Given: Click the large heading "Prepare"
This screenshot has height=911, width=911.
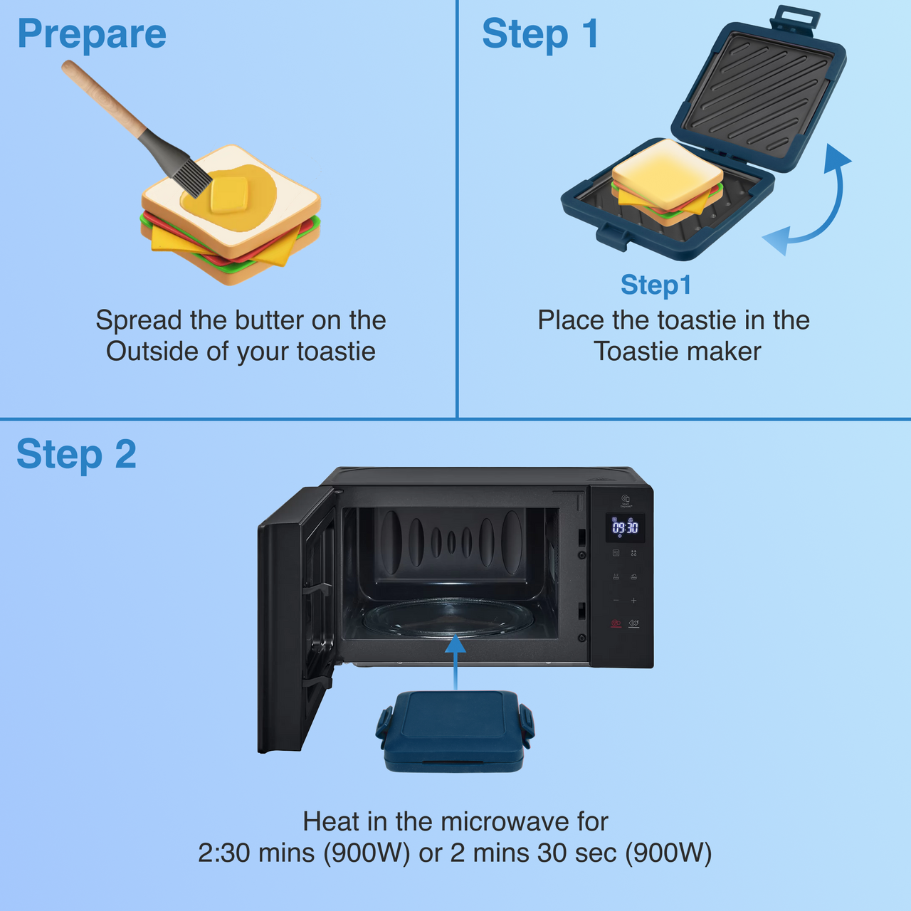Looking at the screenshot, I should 92,34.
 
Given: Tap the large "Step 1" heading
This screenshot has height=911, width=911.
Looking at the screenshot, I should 540,34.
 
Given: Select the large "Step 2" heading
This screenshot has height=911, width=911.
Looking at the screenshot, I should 76,454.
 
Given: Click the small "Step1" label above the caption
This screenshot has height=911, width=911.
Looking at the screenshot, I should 655,285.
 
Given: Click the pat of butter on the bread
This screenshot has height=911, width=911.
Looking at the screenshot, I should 229,194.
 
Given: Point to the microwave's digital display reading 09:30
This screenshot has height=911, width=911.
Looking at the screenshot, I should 625,527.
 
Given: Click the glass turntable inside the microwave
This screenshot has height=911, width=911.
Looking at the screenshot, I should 448,618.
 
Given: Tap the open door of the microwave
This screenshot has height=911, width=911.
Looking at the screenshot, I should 295,619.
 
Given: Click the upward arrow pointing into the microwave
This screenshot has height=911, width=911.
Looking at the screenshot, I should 455,662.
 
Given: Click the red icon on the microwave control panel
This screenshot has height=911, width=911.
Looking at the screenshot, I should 616,623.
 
